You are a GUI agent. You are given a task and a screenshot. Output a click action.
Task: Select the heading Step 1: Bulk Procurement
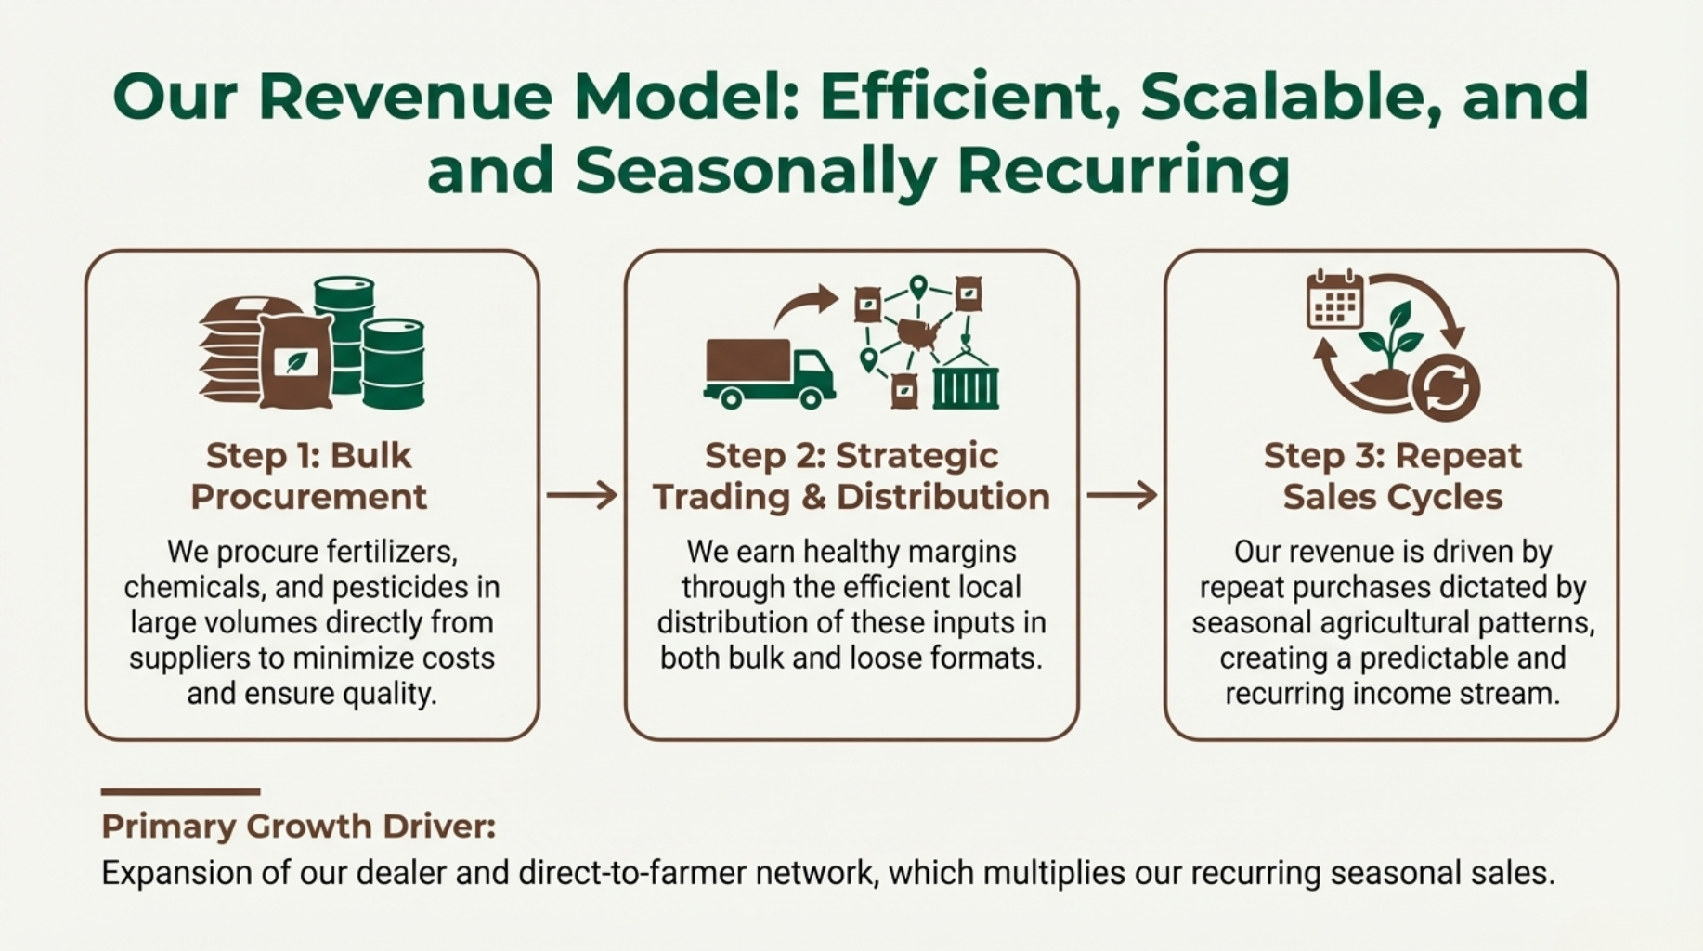(x=309, y=475)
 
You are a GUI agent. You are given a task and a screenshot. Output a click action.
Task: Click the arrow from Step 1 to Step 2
(x=582, y=495)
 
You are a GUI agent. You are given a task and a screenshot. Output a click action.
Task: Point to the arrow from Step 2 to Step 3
(x=1122, y=495)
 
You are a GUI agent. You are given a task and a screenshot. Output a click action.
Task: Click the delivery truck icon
(x=769, y=373)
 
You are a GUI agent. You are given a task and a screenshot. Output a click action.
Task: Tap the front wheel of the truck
(x=811, y=398)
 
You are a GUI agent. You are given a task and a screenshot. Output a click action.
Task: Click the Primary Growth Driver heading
(x=298, y=827)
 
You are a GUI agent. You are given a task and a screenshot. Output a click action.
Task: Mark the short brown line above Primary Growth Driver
(x=181, y=792)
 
